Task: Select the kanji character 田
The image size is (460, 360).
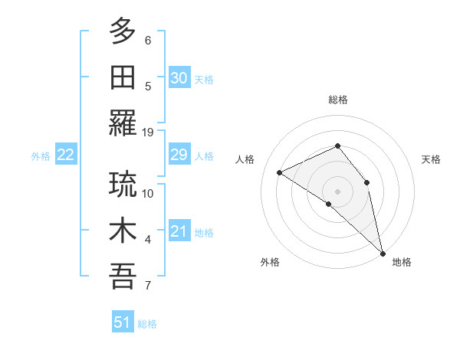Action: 123,77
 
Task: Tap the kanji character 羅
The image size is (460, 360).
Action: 123,123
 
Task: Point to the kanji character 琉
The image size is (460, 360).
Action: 123,184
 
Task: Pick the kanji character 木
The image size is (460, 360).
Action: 123,231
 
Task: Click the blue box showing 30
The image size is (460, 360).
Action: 179,77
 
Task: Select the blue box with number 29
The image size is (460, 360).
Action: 179,155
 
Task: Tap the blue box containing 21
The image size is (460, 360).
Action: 179,232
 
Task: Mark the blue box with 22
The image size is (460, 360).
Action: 65,155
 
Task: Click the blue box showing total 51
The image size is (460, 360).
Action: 122,322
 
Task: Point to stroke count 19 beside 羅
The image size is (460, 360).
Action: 148,132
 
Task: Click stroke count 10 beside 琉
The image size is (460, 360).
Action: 148,193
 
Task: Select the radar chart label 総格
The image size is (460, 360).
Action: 338,100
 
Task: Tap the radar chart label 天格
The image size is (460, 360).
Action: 432,159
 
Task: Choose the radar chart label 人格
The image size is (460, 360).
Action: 245,159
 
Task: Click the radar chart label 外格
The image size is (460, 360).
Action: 270,262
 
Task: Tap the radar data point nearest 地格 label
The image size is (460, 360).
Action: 382,252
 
